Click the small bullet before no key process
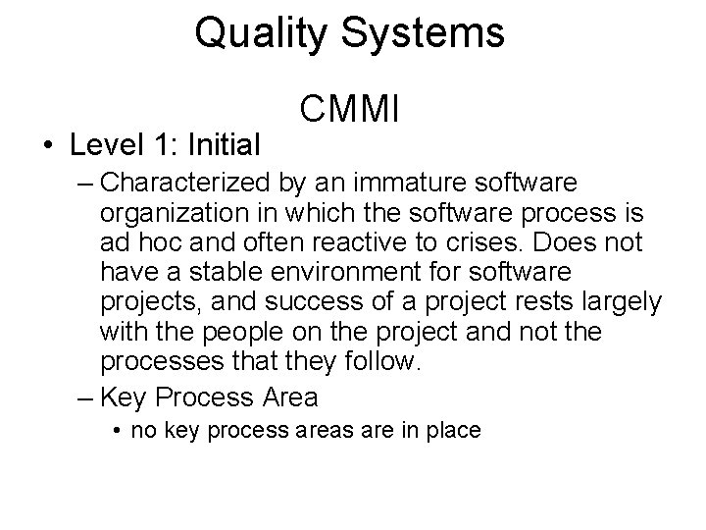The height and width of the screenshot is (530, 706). pyautogui.click(x=116, y=430)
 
